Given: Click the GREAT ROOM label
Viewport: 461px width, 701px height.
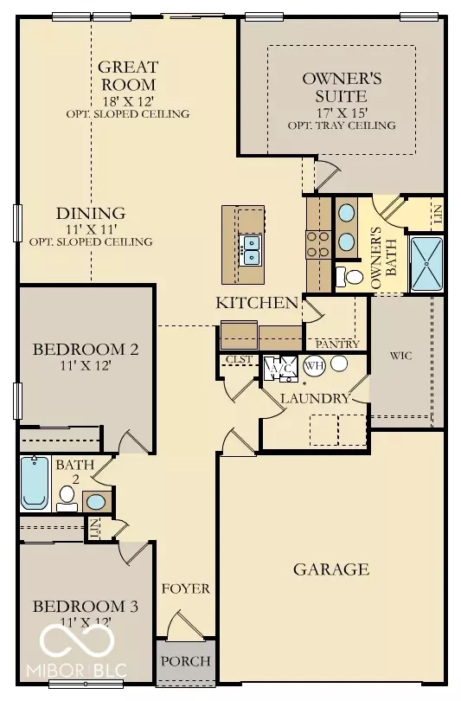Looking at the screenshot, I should (x=126, y=75).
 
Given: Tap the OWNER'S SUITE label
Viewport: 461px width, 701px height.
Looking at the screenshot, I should (x=341, y=87).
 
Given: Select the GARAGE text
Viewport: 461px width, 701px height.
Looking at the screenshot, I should (x=330, y=569).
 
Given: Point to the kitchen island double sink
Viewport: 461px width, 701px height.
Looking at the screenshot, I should (x=251, y=249).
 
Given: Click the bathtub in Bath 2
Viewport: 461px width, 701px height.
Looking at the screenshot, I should (x=34, y=484).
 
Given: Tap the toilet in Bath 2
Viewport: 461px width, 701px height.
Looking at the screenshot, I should (x=66, y=495).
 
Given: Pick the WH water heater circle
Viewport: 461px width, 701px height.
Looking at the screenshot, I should (x=312, y=365).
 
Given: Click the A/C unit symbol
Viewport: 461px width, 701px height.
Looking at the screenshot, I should (x=281, y=367).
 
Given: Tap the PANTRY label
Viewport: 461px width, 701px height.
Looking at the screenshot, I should (x=337, y=344).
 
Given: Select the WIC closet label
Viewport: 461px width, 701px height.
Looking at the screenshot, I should (x=399, y=356).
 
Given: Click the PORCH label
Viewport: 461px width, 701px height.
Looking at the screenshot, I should (x=186, y=661).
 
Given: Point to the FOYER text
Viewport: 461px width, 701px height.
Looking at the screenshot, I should (x=185, y=588).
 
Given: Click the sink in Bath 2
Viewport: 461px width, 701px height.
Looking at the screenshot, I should (x=97, y=501).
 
